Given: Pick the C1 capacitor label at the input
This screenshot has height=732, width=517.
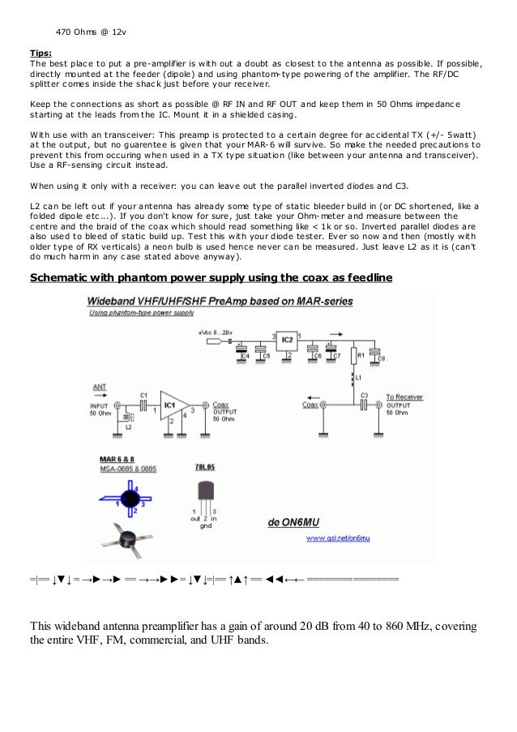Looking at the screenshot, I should [143, 395].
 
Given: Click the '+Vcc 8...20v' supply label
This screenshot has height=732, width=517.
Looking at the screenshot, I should [214, 332].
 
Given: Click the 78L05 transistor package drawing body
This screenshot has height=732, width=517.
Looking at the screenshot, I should [205, 491].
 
